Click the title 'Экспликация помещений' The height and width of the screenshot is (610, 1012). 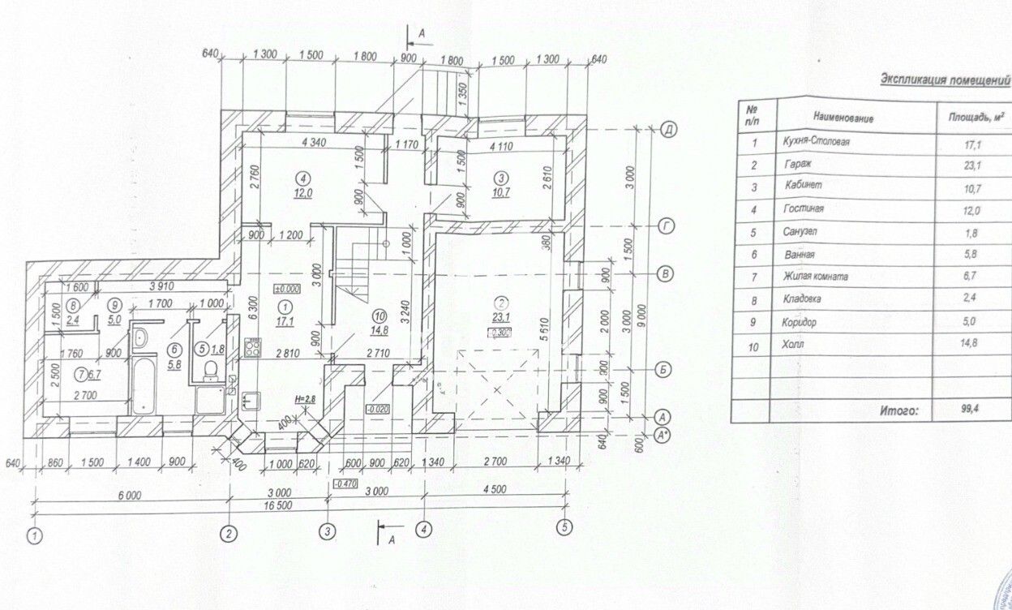(945, 80)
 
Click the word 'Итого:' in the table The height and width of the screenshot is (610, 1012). (899, 411)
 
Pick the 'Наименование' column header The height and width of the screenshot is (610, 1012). (839, 118)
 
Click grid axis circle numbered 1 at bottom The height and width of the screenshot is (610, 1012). (35, 535)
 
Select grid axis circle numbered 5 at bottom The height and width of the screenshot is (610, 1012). (564, 526)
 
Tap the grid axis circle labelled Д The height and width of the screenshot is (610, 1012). (669, 129)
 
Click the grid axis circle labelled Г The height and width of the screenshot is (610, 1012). (667, 227)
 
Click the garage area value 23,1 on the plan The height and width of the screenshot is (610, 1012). (496, 318)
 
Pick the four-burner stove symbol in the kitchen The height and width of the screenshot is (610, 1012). (251, 350)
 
